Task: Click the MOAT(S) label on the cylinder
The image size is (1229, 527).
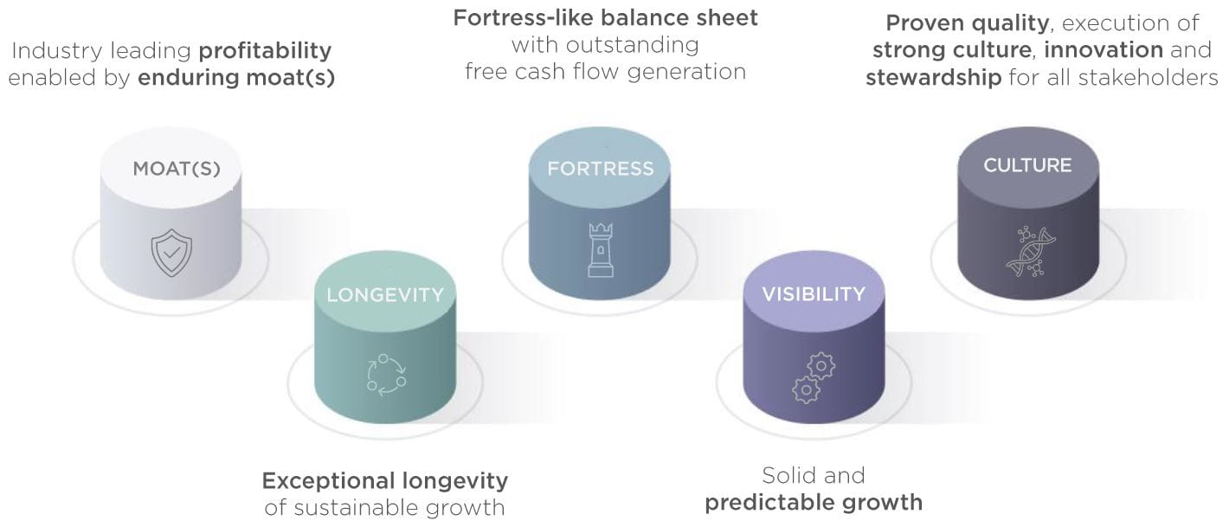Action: (177, 169)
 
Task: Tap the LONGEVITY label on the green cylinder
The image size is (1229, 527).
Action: (385, 295)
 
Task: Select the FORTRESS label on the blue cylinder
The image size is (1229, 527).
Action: (601, 169)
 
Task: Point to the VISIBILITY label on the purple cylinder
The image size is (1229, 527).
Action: (814, 294)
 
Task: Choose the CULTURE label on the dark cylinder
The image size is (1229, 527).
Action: (1027, 165)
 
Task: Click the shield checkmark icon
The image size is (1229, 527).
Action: (171, 253)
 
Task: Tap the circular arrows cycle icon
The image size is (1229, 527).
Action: (387, 375)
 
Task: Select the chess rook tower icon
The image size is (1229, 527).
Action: (601, 250)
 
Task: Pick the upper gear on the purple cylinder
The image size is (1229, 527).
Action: (821, 366)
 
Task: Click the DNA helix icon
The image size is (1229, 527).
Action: (1031, 252)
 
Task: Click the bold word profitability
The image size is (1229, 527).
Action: (265, 51)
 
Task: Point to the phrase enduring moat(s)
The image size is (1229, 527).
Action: (236, 77)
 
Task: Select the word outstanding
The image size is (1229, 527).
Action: (632, 45)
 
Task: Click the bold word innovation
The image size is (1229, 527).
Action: (1104, 50)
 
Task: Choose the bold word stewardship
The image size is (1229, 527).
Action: (934, 77)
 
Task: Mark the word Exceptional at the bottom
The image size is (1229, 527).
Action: (328, 481)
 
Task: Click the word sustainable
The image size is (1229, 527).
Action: (359, 508)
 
